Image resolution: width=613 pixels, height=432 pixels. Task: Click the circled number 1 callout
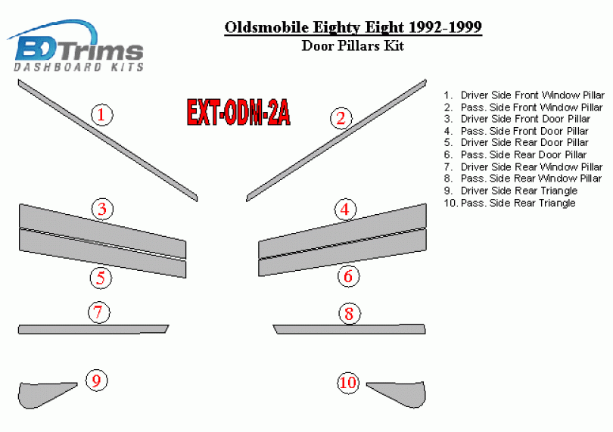click(x=101, y=115)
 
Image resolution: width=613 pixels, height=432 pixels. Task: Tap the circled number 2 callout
click(x=341, y=118)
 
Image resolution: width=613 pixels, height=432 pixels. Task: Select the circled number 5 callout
click(x=101, y=278)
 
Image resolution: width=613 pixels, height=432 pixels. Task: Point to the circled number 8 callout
click(x=349, y=313)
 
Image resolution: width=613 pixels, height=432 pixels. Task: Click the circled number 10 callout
click(x=348, y=382)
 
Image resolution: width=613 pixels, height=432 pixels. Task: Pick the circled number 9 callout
click(x=97, y=381)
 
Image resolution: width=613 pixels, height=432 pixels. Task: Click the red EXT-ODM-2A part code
click(x=238, y=112)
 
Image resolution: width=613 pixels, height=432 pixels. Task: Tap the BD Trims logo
click(x=76, y=46)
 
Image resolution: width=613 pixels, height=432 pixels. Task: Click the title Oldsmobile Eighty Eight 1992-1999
click(x=353, y=27)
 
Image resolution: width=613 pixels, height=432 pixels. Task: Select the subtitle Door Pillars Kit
click(x=353, y=45)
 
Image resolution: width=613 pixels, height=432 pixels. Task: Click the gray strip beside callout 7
click(x=93, y=329)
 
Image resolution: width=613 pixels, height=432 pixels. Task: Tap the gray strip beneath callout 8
click(x=349, y=329)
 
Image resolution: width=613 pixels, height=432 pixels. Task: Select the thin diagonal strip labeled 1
click(x=107, y=140)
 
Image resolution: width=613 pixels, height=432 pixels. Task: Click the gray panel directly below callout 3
click(x=102, y=231)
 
